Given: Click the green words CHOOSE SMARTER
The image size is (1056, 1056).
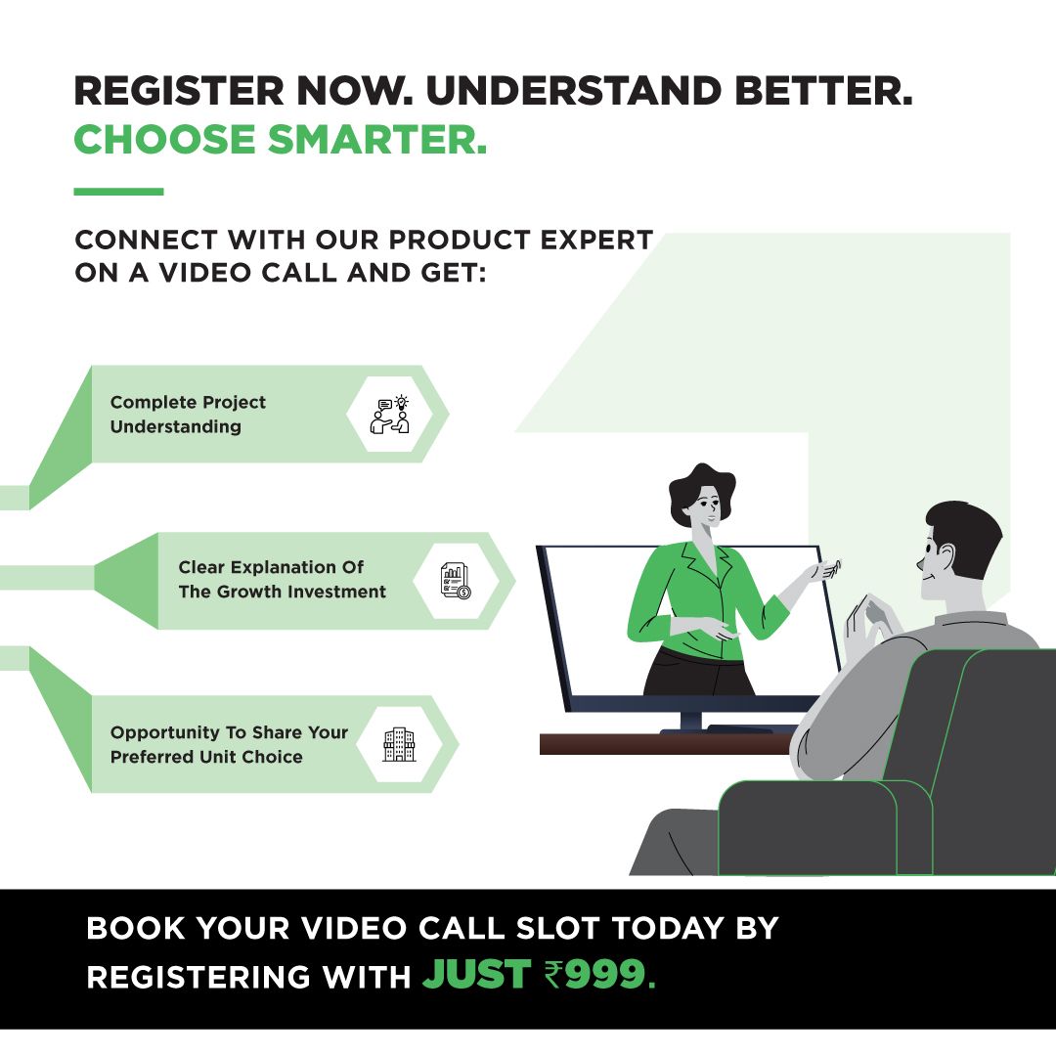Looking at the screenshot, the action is (281, 140).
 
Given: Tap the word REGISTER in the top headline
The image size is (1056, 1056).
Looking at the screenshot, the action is (179, 91).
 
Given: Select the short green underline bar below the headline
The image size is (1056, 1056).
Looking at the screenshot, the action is (118, 192).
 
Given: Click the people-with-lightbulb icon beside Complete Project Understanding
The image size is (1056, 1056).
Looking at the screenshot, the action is (390, 415).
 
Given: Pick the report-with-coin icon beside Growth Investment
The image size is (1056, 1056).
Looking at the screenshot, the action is (456, 581).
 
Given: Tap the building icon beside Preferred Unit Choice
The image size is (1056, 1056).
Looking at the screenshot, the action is (399, 745).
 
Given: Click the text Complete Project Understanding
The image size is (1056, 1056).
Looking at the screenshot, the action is (188, 415).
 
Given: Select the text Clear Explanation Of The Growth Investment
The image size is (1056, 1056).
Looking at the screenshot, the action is (283, 579).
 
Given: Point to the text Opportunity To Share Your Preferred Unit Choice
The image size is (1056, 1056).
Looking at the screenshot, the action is (229, 744).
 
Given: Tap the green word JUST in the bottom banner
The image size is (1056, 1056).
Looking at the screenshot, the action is (477, 975).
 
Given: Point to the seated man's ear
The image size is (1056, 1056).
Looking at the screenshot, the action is (946, 555).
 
